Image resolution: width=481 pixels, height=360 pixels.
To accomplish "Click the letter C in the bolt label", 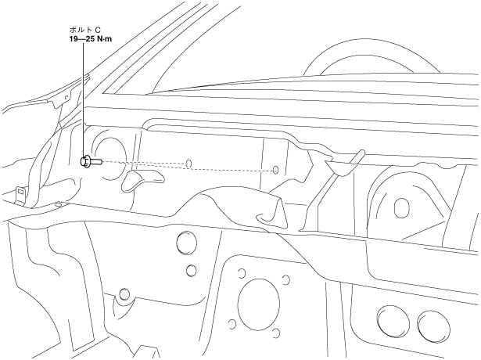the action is pos(97,31).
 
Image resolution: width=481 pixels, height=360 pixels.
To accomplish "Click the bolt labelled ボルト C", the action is pos(88,161).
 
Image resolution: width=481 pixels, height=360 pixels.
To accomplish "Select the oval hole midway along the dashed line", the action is pos(189,164).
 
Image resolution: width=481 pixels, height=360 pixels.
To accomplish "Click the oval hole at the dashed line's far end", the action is pos(275,170).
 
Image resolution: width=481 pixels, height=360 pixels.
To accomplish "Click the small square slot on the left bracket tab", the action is pos(17,190).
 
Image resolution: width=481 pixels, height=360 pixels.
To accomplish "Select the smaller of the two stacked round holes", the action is pos(190,271).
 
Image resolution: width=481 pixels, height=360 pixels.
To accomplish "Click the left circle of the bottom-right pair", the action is pos(389,323).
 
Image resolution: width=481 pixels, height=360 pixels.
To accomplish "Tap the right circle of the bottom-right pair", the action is pos(431,324).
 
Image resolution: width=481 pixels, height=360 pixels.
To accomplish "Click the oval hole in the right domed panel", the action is pos(402,207).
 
